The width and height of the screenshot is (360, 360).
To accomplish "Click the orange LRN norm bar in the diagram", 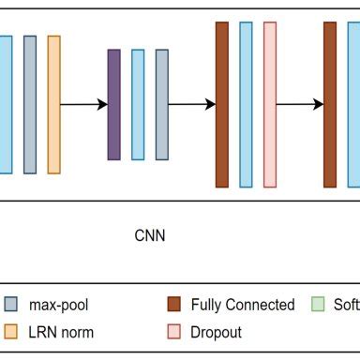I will coord(53,104).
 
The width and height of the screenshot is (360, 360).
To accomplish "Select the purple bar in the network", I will coord(114,104).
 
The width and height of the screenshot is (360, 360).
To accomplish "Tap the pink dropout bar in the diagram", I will coord(270,104).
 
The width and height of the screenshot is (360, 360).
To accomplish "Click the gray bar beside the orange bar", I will coord(30,104).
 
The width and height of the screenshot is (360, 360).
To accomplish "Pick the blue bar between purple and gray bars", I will coord(138,104).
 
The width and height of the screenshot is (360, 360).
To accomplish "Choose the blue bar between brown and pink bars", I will coord(246,104).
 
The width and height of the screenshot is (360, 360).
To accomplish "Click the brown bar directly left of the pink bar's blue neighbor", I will coord(222,104).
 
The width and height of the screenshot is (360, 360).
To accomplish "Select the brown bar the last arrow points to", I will coord(330,104).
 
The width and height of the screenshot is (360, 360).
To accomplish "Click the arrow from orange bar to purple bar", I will coord(83,104).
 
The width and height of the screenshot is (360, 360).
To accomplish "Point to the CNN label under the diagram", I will coord(150,235).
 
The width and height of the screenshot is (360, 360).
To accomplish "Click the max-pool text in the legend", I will coord(60,305).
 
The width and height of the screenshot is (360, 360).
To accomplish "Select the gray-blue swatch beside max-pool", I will coord(11,305).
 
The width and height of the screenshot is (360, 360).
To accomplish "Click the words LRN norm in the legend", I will coord(62,332).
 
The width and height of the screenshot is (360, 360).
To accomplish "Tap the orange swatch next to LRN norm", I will coord(11,332).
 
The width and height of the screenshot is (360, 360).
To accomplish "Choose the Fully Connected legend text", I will coord(242,305).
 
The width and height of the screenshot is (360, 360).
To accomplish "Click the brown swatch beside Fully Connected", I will coord(173,305).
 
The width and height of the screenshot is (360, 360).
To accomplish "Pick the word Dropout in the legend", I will coord(216,332).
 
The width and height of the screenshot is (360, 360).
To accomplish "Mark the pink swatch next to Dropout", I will coord(173,332).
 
